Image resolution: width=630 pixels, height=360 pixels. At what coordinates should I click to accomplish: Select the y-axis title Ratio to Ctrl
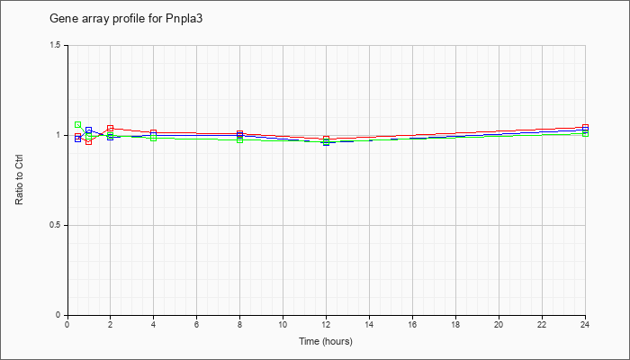(20, 180)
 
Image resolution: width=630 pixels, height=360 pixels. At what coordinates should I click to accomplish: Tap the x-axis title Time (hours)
(326, 342)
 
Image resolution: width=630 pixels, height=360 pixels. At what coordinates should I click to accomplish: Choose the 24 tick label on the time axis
(585, 325)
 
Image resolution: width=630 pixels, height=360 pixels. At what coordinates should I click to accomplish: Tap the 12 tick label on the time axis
(326, 325)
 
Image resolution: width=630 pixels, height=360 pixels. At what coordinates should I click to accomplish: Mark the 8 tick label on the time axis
(239, 325)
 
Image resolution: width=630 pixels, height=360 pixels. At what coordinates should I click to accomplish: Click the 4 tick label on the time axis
(153, 325)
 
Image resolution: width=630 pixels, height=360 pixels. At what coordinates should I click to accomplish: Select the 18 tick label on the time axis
(455, 325)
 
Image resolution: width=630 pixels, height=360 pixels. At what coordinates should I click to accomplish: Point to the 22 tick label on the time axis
(542, 325)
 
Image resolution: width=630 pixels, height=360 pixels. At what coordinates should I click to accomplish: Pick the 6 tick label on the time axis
(196, 325)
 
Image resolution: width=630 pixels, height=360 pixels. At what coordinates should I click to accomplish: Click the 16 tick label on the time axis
(412, 325)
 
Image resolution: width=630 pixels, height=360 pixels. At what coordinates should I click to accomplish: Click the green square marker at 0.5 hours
(78, 125)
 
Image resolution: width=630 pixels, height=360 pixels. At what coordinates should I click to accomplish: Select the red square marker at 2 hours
(110, 128)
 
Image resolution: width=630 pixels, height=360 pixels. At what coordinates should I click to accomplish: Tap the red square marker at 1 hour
(88, 141)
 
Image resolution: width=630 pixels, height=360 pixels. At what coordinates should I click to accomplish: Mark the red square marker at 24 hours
(586, 127)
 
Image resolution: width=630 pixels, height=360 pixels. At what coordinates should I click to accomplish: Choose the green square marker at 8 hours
(239, 140)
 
